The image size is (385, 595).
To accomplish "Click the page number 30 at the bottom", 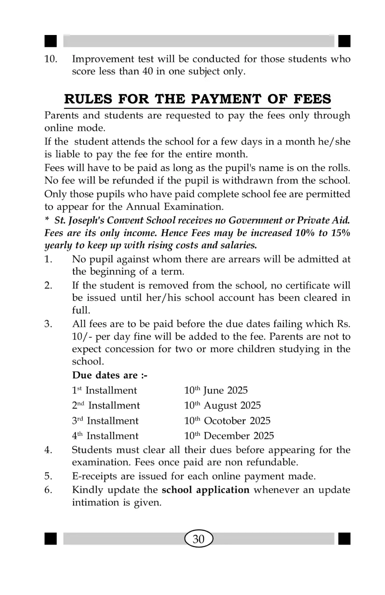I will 198,539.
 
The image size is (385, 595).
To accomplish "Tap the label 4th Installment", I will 105,436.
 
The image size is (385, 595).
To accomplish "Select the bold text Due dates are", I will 109,375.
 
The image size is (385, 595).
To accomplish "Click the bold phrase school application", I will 206,490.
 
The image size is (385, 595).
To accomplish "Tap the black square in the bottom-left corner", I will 51,539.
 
